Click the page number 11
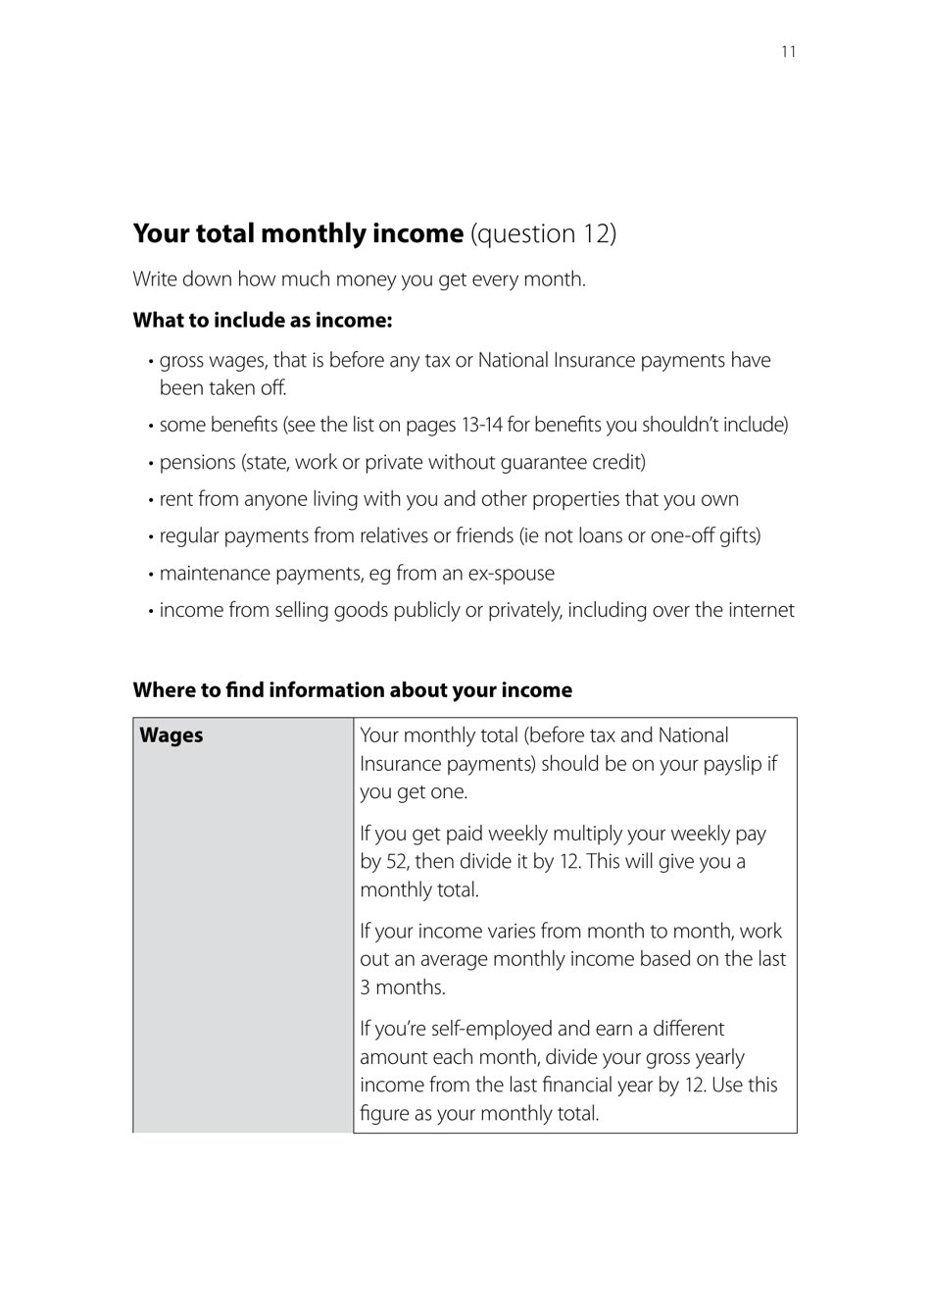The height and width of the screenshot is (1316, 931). click(x=789, y=52)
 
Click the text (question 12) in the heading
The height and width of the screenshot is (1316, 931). click(x=543, y=233)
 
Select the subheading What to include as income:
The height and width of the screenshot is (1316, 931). click(x=262, y=321)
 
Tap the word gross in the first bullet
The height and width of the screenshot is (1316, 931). click(x=182, y=361)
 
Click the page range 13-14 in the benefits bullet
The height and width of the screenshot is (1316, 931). click(x=481, y=426)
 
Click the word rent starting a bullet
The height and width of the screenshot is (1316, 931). click(x=176, y=499)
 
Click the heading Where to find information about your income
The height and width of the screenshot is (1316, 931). click(x=352, y=690)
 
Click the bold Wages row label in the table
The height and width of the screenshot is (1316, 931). click(x=171, y=735)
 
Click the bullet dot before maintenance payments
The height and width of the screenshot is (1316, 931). click(x=151, y=575)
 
